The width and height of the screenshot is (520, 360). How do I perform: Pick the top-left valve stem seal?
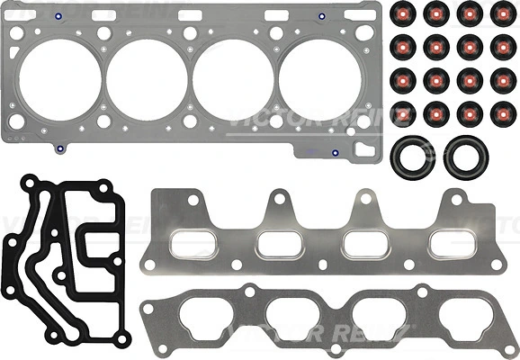(x=403, y=13)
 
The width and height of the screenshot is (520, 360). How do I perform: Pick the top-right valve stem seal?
(x=499, y=13)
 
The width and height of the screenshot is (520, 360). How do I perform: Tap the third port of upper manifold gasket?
(x=366, y=243)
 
